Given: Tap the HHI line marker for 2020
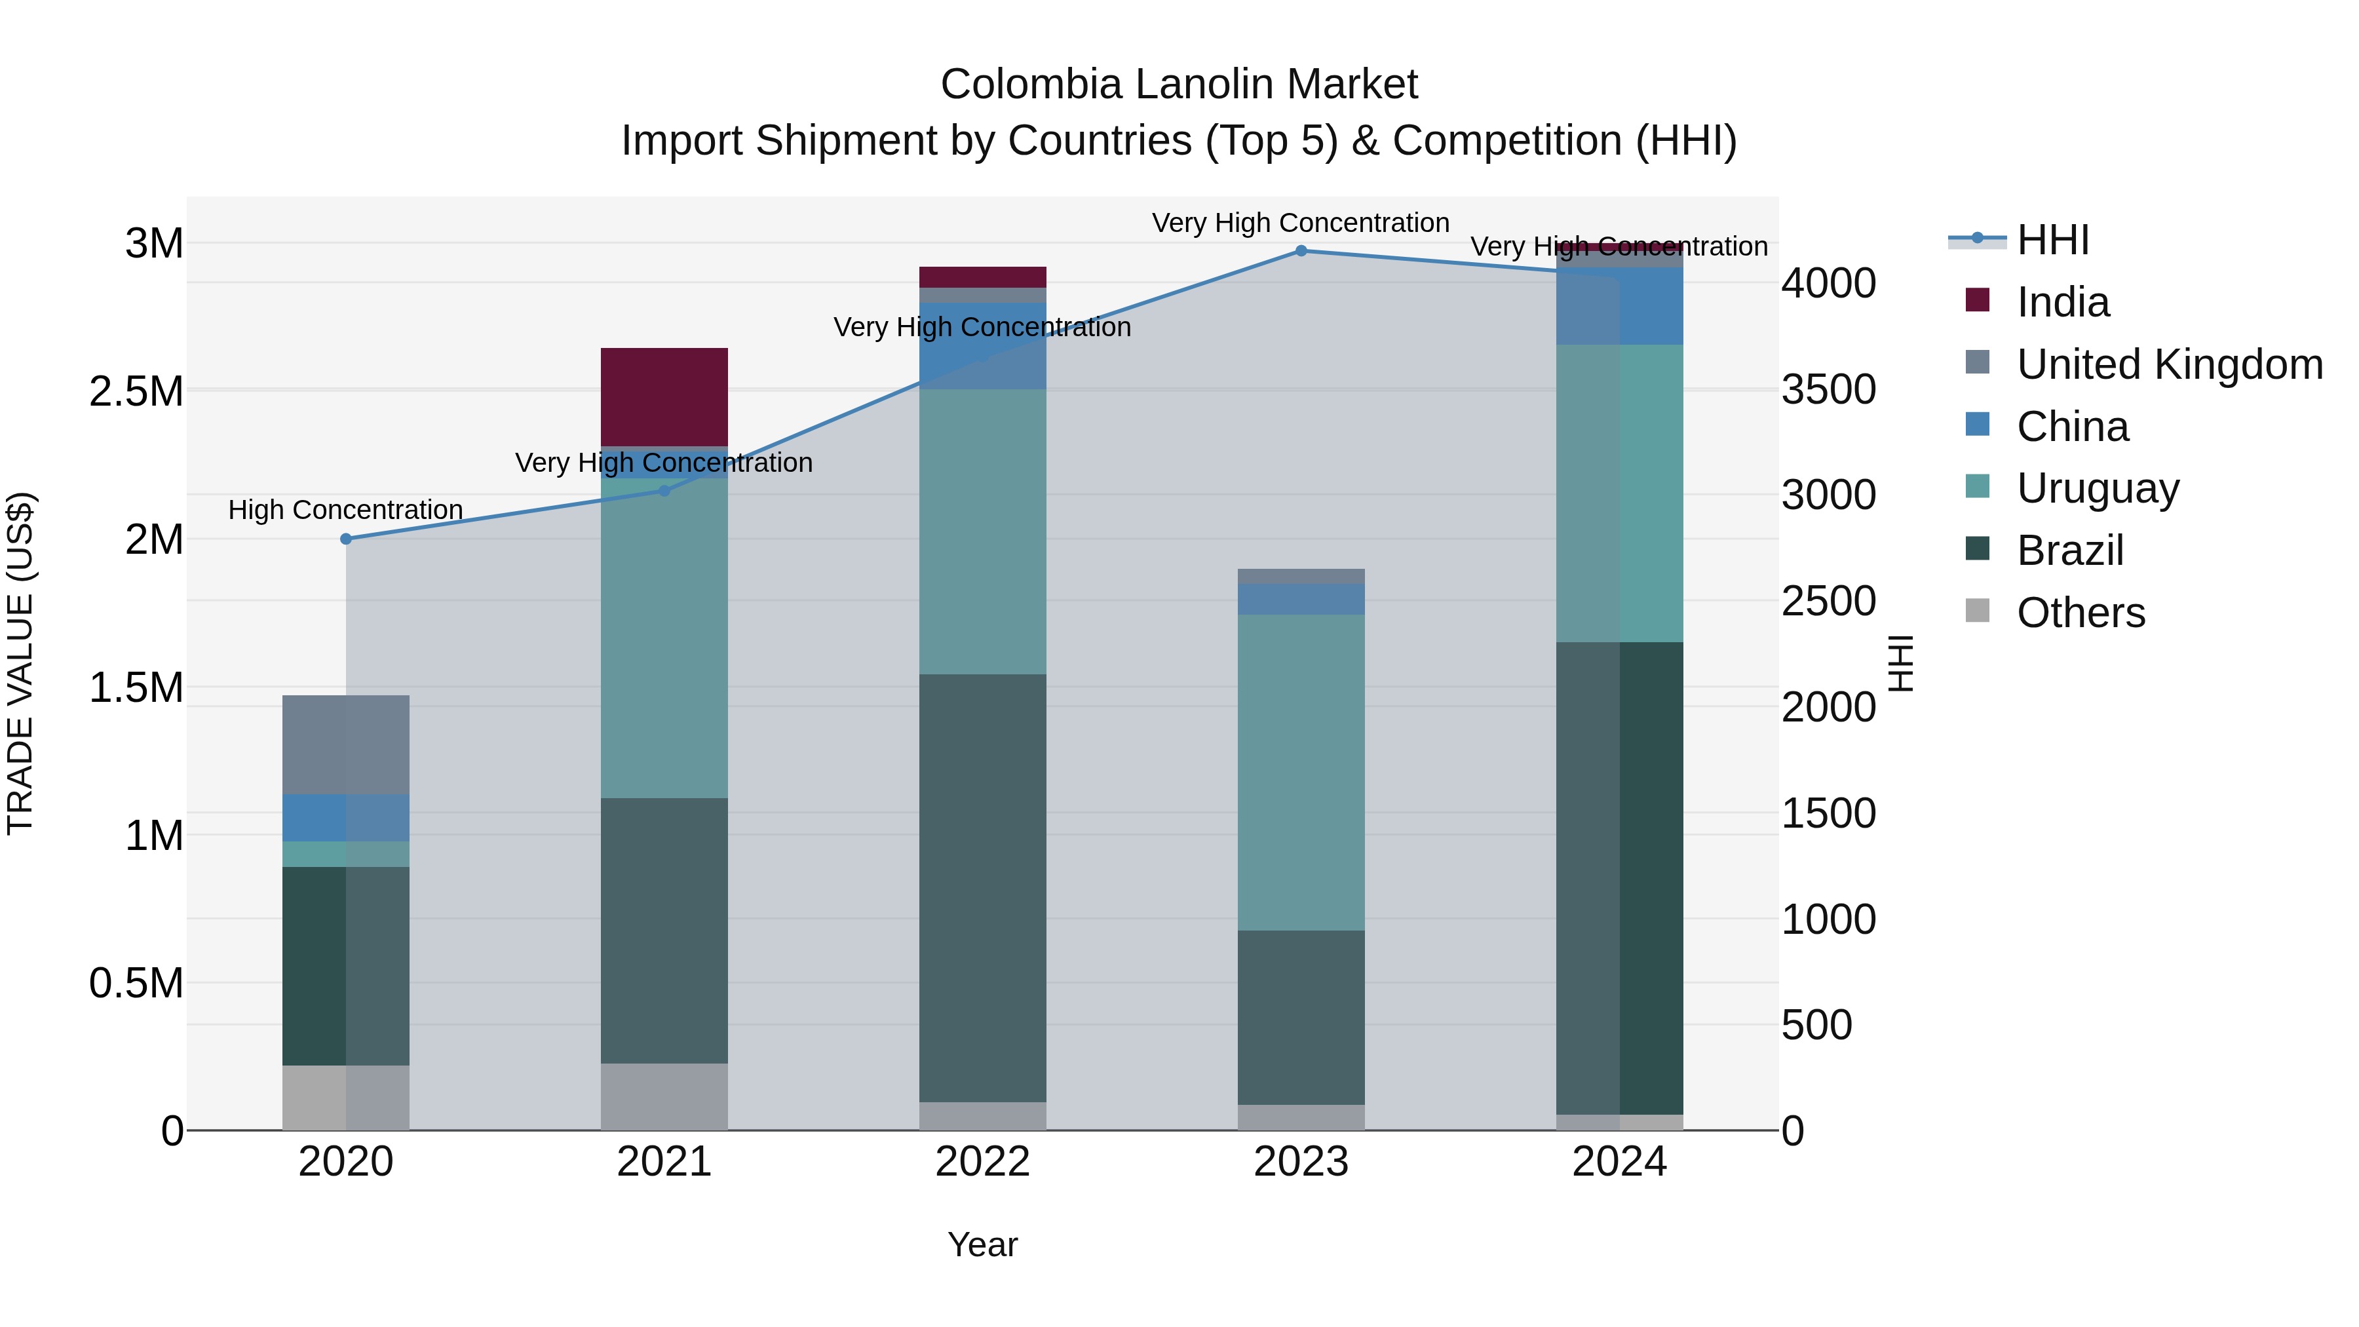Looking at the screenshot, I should coord(346,539).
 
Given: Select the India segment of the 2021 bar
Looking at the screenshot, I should coord(664,396).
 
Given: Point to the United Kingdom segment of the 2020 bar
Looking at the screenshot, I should coord(346,744).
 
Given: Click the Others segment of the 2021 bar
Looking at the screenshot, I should coord(664,1096).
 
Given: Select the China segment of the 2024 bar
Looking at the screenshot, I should coord(1619,306).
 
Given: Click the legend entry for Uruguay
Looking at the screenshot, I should coord(2097,488).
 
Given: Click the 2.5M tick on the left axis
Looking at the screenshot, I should coord(136,392).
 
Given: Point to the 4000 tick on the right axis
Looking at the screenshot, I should coord(1828,284).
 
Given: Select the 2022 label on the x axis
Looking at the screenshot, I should coord(983,1162).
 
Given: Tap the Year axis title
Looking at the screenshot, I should coord(983,1244).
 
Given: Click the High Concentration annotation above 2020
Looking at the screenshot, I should coord(345,510).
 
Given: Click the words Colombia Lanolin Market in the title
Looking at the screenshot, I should coord(1179,85).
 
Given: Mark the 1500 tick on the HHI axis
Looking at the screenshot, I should coord(1828,813).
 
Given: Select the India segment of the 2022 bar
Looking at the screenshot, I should coord(983,277).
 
